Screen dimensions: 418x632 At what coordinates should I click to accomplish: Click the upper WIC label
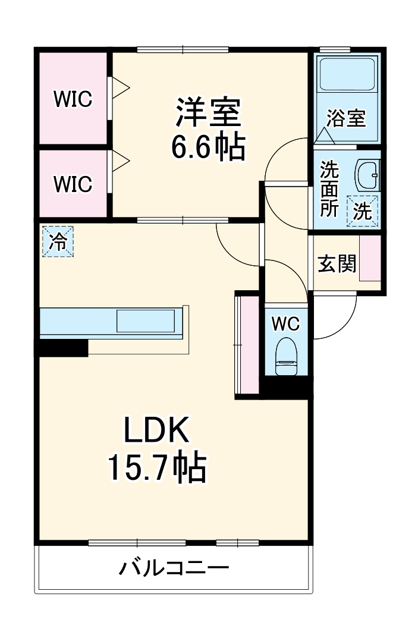(73, 99)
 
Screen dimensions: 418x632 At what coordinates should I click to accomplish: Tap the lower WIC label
(73, 184)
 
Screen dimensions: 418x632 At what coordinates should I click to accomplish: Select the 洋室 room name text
(208, 112)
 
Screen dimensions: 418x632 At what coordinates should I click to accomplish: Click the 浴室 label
(346, 118)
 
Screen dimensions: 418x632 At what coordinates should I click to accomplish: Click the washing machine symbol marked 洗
(362, 211)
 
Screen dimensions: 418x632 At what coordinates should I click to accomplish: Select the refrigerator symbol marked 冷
(58, 241)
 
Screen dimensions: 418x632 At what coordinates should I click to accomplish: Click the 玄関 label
(337, 264)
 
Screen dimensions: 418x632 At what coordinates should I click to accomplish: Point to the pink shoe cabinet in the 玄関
(370, 259)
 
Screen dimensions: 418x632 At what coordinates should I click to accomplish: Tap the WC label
(285, 323)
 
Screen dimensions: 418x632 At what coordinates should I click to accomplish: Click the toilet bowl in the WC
(286, 357)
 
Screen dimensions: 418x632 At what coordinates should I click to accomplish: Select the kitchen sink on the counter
(146, 321)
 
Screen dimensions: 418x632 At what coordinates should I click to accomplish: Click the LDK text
(156, 430)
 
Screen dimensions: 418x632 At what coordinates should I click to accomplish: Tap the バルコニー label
(174, 568)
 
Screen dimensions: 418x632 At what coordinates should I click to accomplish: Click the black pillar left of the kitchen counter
(63, 348)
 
